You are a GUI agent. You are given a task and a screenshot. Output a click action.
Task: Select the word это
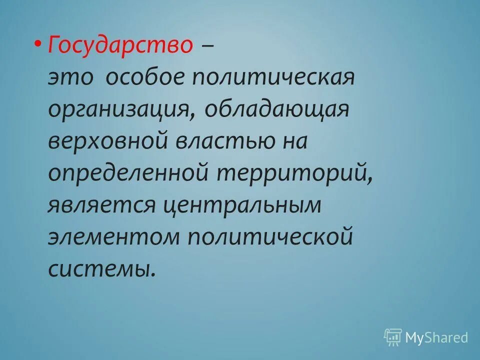72,78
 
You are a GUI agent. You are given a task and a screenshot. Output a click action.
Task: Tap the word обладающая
276,110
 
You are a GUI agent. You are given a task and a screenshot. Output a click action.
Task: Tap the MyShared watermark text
437,337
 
